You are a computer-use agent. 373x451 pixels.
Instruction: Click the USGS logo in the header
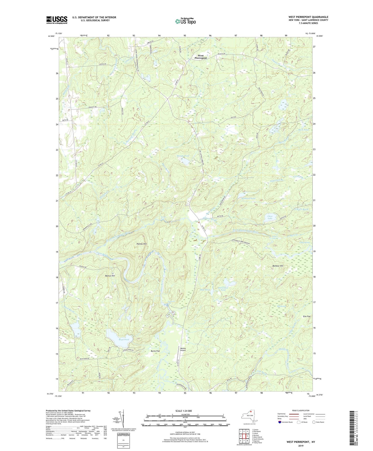pos(57,20)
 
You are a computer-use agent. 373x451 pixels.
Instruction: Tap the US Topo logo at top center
pos(185,21)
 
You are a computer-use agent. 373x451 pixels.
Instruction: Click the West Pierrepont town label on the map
pos(201,57)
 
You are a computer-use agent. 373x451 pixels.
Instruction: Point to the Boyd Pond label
pos(123,339)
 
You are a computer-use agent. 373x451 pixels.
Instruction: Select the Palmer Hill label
pos(141,244)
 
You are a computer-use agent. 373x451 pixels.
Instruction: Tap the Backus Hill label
pos(110,276)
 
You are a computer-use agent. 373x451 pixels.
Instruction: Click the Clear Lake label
pos(270,217)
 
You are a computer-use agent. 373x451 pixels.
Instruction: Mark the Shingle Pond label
pos(183,156)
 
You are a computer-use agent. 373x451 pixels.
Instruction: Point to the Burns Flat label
pos(155,351)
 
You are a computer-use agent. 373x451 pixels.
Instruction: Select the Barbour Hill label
pos(278,266)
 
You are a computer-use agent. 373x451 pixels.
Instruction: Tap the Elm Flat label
pos(306,316)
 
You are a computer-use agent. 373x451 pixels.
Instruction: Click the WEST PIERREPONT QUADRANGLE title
pos(308,17)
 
